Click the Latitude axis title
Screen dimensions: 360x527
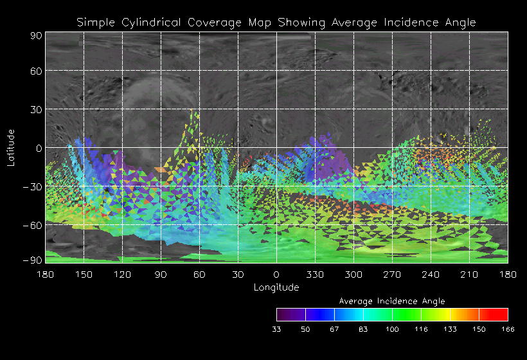pyautogui.click(x=11, y=147)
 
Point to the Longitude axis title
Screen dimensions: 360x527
pyautogui.click(x=276, y=287)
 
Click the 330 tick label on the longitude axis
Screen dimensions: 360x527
pyautogui.click(x=315, y=274)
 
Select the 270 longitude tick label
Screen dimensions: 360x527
pyautogui.click(x=392, y=274)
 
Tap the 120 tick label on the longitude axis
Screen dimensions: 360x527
pyautogui.click(x=122, y=274)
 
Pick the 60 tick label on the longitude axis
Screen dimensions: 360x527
pyautogui.click(x=199, y=274)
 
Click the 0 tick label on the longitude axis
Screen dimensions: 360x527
pyautogui.click(x=276, y=274)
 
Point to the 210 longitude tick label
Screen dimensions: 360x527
pyautogui.click(x=469, y=274)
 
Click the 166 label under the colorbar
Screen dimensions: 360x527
pyautogui.click(x=508, y=329)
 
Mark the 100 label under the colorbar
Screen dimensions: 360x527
pyautogui.click(x=392, y=329)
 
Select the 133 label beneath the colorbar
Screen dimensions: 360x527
pyautogui.click(x=450, y=329)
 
